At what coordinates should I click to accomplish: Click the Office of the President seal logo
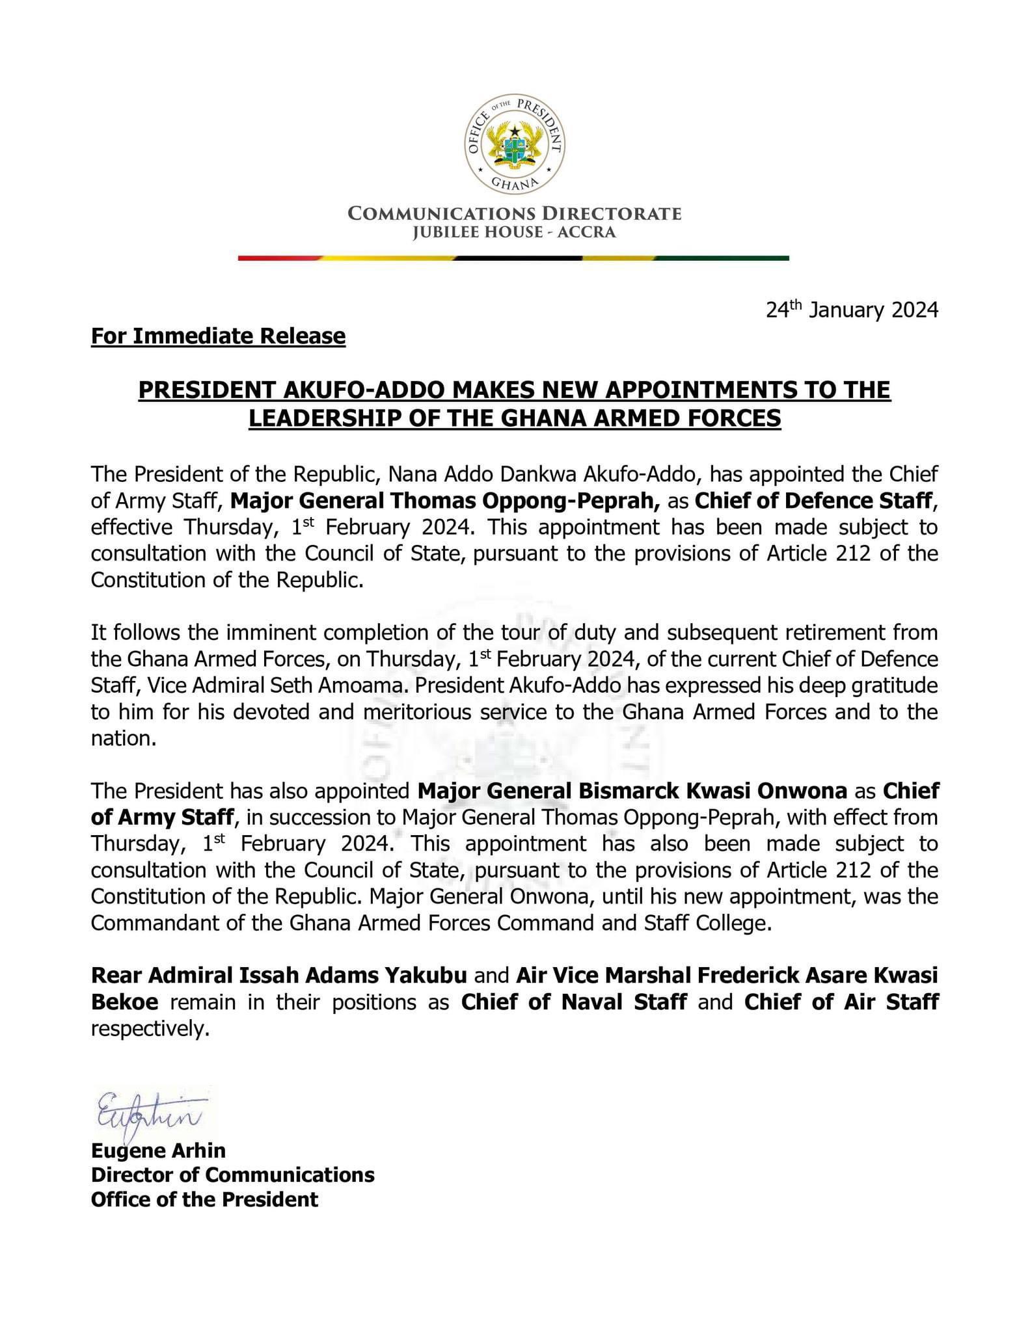[515, 144]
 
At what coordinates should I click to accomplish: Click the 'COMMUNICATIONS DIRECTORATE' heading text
[515, 213]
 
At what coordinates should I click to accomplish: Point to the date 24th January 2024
[852, 310]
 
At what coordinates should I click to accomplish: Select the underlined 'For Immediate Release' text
[218, 336]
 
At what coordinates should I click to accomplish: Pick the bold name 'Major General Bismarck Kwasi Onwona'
[632, 791]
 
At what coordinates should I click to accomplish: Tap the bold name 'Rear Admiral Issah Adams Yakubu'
[279, 976]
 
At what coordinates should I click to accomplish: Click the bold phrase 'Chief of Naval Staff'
[574, 1002]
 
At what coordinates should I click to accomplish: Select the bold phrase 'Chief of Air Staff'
[841, 1002]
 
